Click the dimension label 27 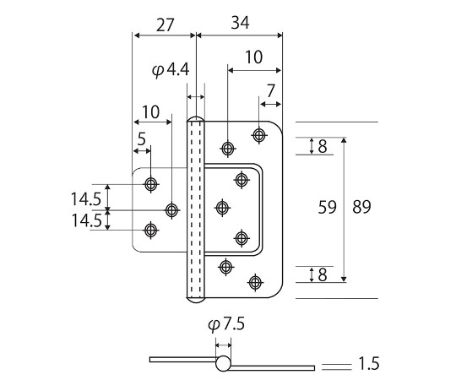(x=165, y=24)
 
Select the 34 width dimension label (x=240, y=23)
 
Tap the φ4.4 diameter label (x=171, y=70)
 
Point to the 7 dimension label (x=270, y=91)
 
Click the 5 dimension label (x=141, y=139)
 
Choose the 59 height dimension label (x=327, y=207)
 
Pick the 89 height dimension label (x=361, y=207)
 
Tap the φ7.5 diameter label (x=226, y=324)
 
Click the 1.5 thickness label (x=369, y=364)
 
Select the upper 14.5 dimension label (x=86, y=199)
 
